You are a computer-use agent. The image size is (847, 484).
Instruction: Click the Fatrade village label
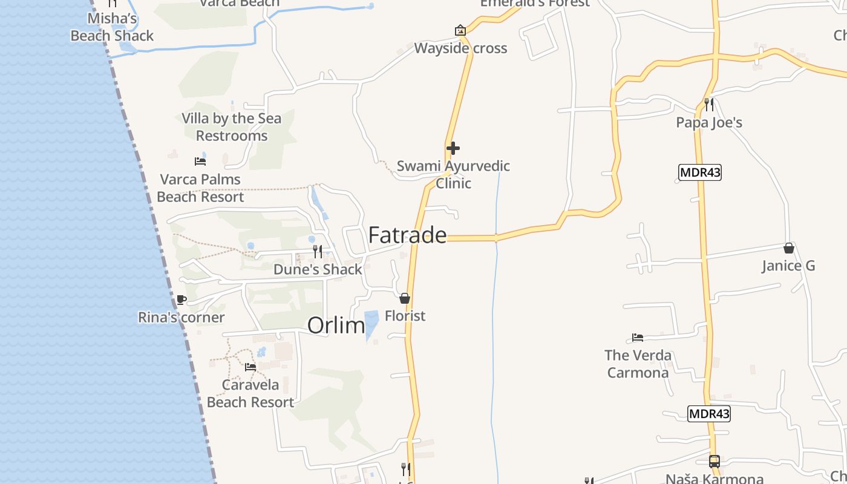point(407,235)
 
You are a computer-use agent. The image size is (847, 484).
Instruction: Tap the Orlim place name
point(336,325)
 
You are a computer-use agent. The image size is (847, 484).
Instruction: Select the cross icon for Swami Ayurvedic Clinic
point(453,148)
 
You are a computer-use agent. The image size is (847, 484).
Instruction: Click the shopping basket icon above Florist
point(405,298)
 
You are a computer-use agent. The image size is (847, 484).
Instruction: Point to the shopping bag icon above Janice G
point(788,248)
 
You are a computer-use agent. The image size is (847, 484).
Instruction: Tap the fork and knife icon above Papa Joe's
point(708,105)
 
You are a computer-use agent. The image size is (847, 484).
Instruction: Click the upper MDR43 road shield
point(700,172)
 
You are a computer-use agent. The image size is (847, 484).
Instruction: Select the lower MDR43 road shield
point(709,414)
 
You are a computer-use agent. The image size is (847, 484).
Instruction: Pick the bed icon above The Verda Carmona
point(638,338)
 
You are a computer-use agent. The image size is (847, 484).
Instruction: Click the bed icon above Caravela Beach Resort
point(250,367)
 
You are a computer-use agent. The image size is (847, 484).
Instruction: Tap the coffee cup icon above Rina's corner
point(181,299)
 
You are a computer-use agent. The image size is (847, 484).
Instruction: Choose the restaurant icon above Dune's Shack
point(317,251)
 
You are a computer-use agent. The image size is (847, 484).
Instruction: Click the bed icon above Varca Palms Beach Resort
point(200,161)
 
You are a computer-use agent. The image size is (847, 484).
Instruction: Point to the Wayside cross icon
point(460,30)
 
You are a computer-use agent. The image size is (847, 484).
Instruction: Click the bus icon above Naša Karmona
point(715,462)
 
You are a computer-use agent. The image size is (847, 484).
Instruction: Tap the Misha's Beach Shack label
point(112,27)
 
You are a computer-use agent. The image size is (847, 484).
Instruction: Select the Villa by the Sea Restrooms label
point(232,127)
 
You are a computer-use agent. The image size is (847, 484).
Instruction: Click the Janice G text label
point(788,266)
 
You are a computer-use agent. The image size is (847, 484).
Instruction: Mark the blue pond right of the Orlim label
point(371,324)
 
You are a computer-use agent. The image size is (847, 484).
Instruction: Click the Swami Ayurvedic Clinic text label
point(453,174)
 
